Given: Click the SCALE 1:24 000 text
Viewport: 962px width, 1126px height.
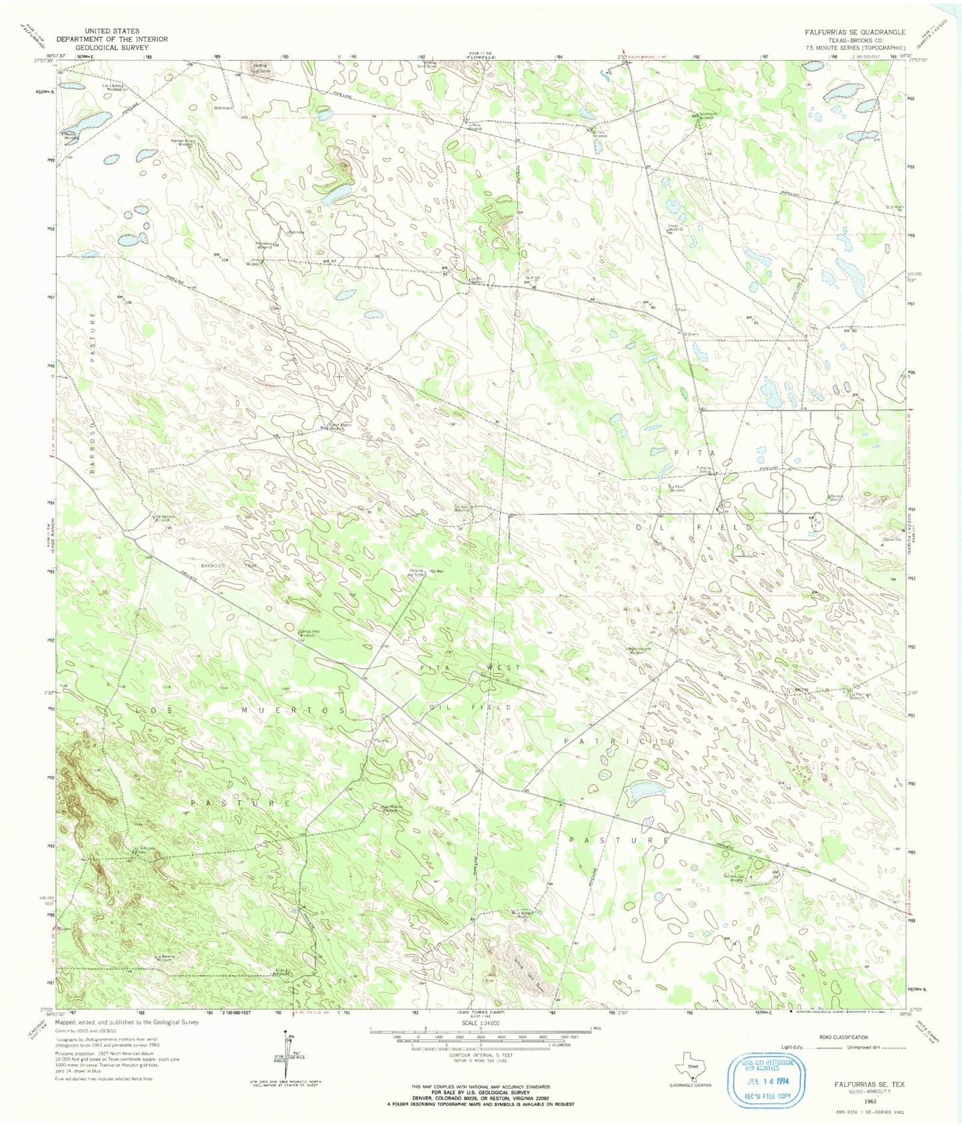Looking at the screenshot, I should click(480, 1023).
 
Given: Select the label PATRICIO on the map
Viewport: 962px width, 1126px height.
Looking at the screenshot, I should click(620, 741).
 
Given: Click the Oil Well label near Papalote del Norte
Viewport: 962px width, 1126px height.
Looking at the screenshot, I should click(436, 571).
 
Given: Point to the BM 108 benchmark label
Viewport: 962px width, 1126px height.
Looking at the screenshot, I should click(221, 257).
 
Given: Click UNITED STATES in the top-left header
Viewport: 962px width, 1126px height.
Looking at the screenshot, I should click(112, 31).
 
